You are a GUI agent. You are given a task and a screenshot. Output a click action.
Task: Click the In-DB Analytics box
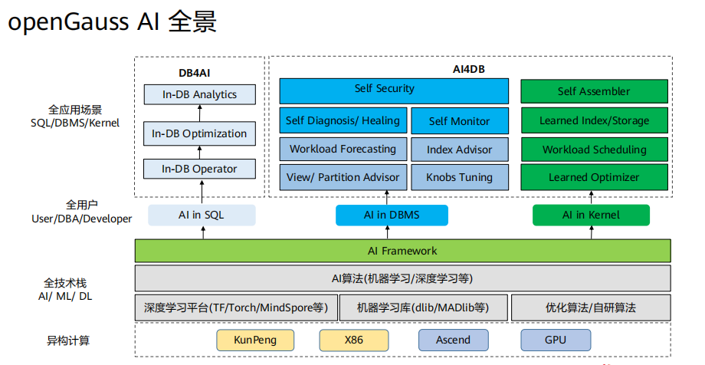(199, 95)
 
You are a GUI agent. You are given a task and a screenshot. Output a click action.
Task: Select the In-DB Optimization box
(199, 133)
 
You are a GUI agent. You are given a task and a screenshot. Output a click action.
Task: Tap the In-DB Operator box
(199, 169)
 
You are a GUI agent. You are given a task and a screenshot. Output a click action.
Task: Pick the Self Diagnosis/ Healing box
(343, 120)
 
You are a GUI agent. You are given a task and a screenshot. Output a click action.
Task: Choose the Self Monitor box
(460, 121)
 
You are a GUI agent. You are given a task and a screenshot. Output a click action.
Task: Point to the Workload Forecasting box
(343, 149)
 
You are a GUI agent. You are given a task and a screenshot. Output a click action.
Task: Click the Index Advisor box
(460, 149)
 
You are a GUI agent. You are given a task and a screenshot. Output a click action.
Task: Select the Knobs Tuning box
(460, 177)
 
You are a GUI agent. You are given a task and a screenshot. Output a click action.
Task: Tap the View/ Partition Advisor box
(343, 177)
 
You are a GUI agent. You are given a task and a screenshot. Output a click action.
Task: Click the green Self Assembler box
(594, 91)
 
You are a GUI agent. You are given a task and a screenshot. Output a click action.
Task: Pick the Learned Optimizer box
(594, 177)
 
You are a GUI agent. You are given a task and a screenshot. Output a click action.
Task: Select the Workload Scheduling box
(594, 150)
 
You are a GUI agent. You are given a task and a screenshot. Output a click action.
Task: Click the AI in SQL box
(202, 215)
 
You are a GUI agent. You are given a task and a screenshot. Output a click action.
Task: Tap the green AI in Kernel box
(591, 215)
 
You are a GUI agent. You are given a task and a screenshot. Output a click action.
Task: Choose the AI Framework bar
(402, 251)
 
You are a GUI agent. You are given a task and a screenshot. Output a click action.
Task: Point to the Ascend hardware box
(453, 340)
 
